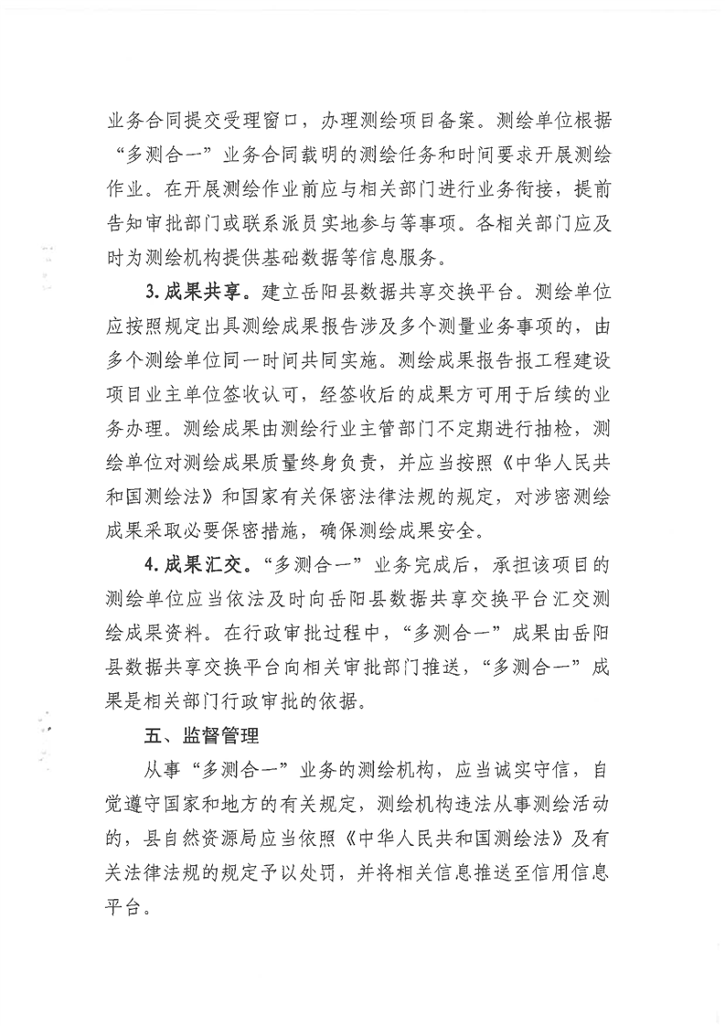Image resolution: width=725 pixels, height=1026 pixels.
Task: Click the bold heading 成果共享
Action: [x=208, y=296]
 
